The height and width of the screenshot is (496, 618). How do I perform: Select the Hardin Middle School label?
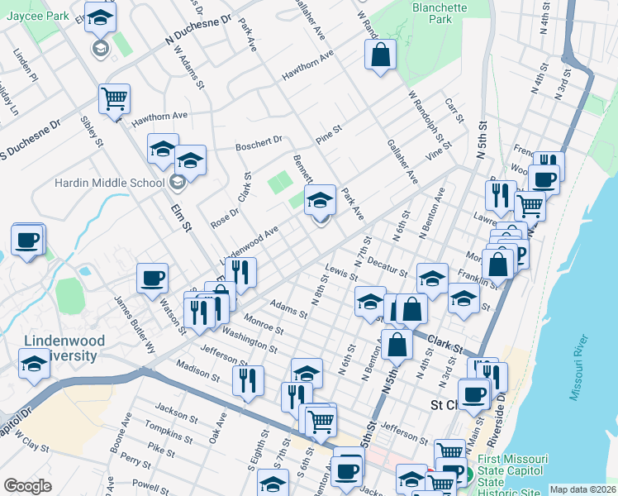[109, 183]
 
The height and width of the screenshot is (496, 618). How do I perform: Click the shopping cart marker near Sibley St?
[114, 98]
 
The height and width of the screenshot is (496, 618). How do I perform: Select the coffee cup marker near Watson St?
[152, 278]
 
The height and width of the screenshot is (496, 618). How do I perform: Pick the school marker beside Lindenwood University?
[34, 364]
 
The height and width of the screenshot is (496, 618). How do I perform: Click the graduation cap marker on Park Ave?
[320, 199]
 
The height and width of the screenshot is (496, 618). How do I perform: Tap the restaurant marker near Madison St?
[247, 380]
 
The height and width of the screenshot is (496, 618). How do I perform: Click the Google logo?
[27, 486]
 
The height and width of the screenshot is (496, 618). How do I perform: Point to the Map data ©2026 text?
[582, 489]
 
